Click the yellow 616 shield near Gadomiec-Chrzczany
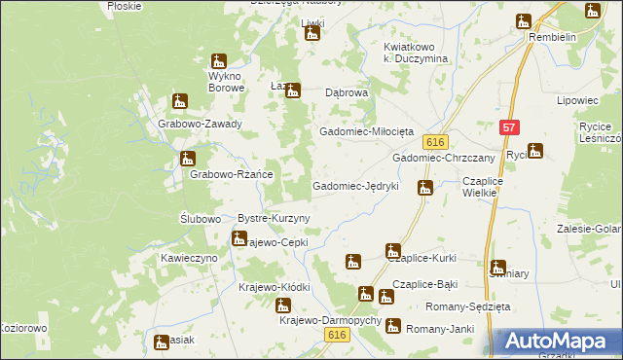[x=434, y=141]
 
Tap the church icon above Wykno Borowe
[x=218, y=60]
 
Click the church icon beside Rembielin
[x=524, y=20]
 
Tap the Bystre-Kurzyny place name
[x=274, y=218]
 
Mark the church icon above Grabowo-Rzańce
[x=188, y=158]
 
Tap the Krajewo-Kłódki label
[x=274, y=288]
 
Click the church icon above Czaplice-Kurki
[x=392, y=251]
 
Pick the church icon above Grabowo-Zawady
[x=179, y=100]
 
